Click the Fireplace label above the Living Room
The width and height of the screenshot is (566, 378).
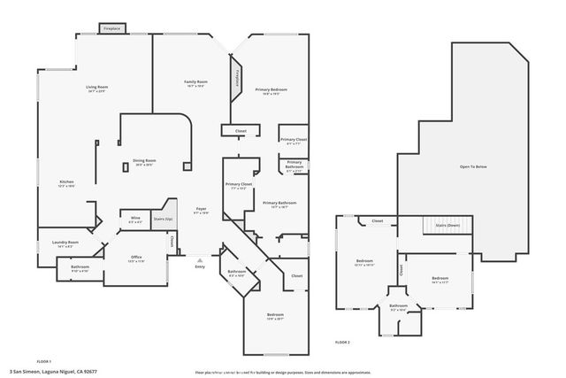coord(112,27)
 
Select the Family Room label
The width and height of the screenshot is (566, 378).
coord(195,81)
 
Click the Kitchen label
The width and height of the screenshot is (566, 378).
coord(67,181)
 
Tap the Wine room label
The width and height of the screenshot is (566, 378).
coord(135,218)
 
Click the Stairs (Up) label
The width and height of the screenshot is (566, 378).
coord(162,218)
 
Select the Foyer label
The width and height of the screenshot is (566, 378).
coord(201,208)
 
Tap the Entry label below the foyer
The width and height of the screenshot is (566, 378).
coord(200,266)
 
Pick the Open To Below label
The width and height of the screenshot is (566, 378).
coord(473,166)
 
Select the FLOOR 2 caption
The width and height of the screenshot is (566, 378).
coord(343,342)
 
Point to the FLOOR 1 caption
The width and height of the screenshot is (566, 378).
coord(44,361)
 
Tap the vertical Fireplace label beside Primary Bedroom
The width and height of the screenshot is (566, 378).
coord(237,79)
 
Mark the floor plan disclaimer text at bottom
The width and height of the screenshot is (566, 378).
coord(282,372)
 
